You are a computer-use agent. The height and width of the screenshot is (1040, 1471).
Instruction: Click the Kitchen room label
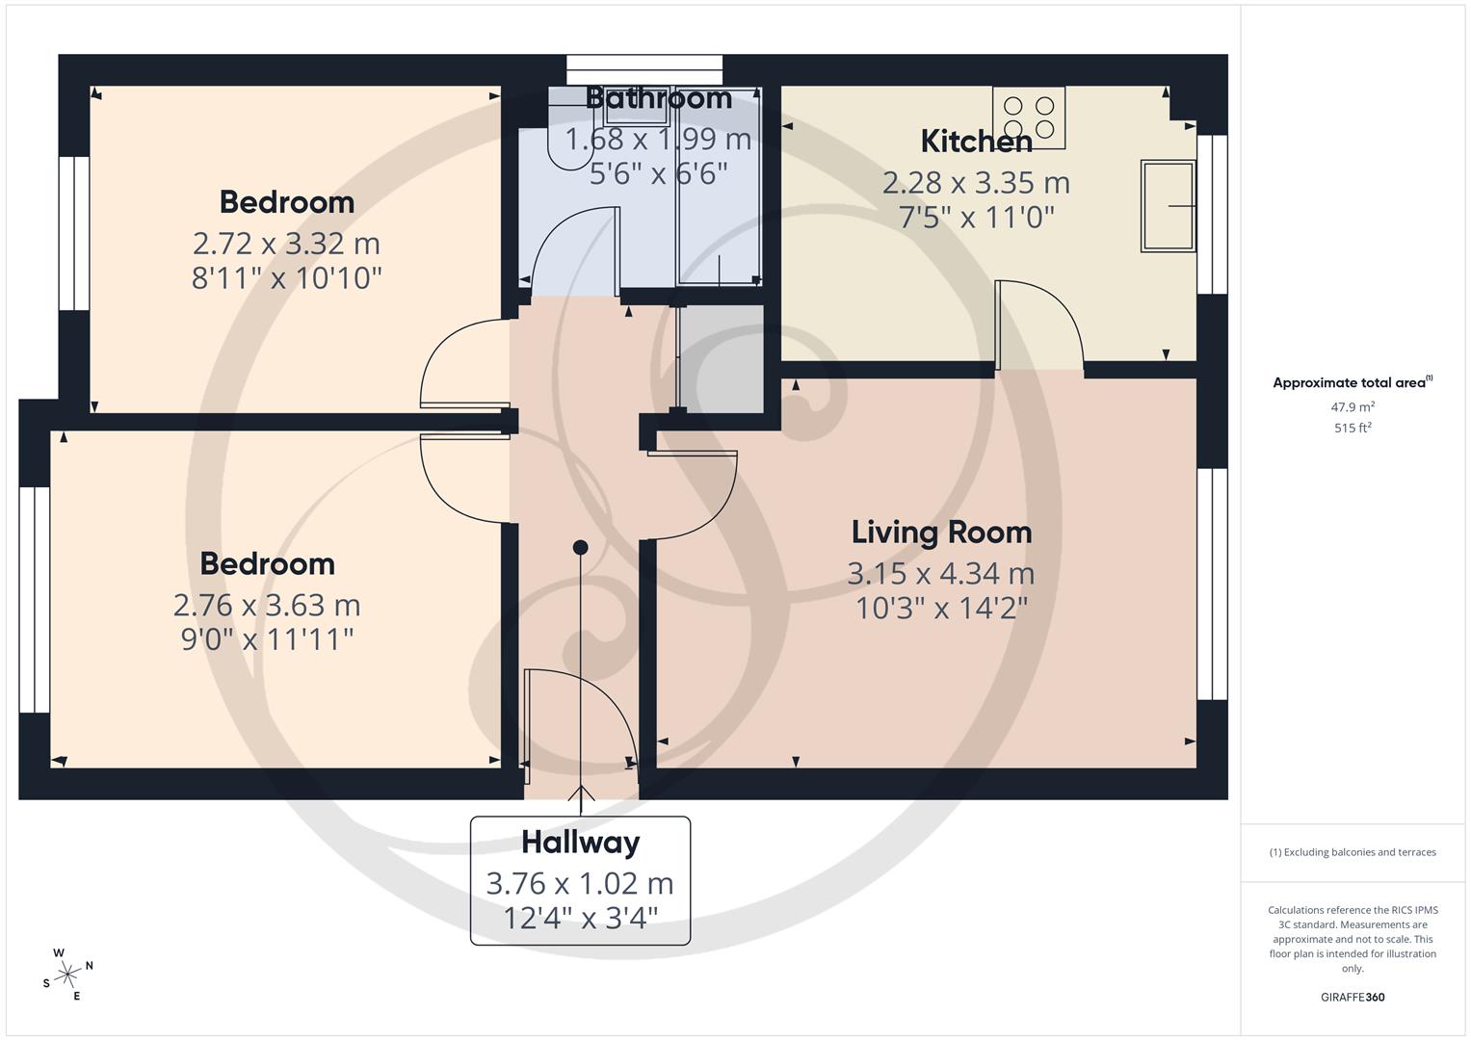click(x=976, y=142)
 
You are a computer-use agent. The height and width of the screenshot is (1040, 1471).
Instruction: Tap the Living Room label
click(x=941, y=533)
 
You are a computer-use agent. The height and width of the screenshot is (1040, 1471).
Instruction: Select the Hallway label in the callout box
click(x=580, y=843)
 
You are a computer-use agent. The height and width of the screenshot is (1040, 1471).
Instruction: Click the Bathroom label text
click(x=658, y=98)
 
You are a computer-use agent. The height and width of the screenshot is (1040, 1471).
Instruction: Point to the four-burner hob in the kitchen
click(x=1029, y=117)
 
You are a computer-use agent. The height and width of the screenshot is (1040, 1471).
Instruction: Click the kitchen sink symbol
click(x=1168, y=206)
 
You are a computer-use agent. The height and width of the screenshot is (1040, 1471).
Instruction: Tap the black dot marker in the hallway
click(x=580, y=547)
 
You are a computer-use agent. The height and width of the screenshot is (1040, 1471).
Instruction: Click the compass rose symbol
click(x=67, y=975)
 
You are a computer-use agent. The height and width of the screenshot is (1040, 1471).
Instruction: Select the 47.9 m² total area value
click(x=1352, y=407)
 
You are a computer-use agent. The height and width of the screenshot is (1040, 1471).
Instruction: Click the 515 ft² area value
click(x=1352, y=429)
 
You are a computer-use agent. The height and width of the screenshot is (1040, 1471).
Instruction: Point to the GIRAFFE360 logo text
click(x=1352, y=997)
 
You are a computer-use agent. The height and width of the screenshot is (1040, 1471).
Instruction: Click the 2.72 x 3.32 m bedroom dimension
click(x=286, y=243)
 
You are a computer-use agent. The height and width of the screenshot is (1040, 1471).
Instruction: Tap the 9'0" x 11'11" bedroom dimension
click(x=267, y=639)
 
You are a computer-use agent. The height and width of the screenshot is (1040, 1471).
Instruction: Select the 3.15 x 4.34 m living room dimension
click(x=940, y=574)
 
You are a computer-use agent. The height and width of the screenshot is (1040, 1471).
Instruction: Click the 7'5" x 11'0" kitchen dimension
click(x=976, y=218)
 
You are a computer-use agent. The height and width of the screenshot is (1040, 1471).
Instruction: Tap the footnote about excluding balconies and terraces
click(x=1352, y=852)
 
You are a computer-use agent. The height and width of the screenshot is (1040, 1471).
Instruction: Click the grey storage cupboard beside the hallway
click(x=722, y=357)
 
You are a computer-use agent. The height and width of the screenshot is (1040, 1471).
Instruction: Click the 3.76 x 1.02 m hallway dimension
click(x=580, y=883)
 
